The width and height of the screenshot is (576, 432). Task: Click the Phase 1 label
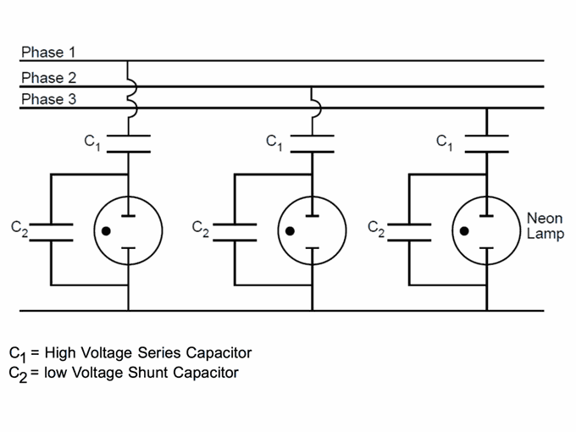click(48, 53)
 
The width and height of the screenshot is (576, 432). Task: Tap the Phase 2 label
click(48, 78)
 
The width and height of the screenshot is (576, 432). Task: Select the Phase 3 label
click(48, 99)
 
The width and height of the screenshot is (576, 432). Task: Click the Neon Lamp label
click(546, 226)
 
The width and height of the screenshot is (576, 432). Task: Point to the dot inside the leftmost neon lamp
click(106, 231)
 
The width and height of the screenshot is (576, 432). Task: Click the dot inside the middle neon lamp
click(290, 231)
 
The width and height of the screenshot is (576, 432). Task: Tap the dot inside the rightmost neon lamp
click(464, 231)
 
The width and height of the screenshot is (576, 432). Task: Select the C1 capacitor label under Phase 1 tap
click(91, 142)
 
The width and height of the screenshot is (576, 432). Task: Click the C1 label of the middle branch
click(274, 142)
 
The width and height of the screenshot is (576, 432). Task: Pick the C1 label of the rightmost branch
click(444, 142)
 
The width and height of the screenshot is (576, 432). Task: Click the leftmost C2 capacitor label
click(19, 229)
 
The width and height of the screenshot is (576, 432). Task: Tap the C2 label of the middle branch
click(201, 229)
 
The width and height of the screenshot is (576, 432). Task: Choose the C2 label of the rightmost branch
click(376, 229)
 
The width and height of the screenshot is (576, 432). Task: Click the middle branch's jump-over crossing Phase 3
click(316, 108)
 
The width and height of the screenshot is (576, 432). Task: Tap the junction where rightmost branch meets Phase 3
click(487, 108)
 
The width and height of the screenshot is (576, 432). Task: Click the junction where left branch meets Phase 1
click(127, 61)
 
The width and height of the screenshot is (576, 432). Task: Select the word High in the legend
click(60, 352)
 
